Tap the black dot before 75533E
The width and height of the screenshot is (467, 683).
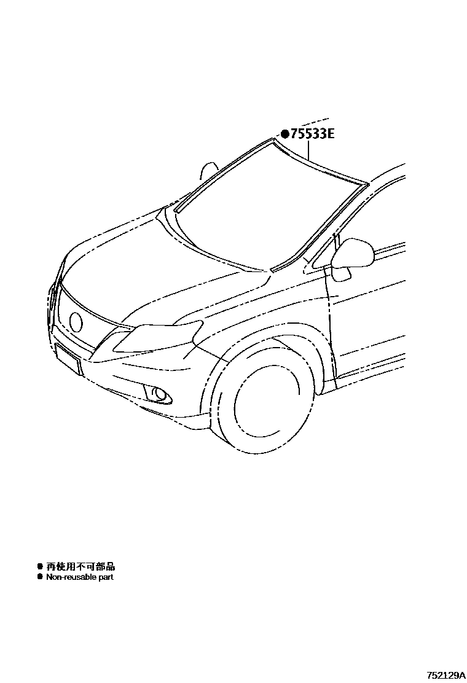click(x=285, y=133)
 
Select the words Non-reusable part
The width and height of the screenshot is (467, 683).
click(x=80, y=577)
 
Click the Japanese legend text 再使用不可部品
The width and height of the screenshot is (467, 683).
click(x=80, y=566)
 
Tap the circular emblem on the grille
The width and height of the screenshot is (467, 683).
click(x=76, y=321)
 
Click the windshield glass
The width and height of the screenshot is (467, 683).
click(x=264, y=209)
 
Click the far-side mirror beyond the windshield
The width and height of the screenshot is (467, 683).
click(x=210, y=170)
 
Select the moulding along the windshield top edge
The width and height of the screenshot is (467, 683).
click(x=320, y=163)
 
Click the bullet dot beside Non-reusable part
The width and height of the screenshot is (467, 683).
click(x=40, y=577)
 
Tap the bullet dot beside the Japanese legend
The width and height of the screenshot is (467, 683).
click(x=40, y=566)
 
